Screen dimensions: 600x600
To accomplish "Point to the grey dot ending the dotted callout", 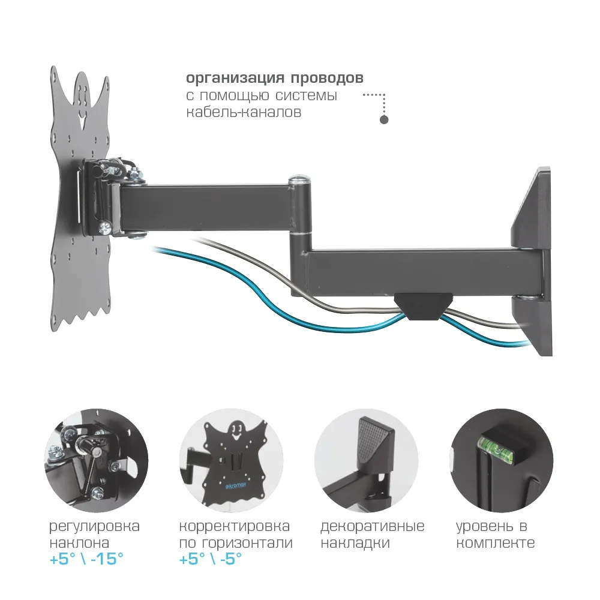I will coord(385,119).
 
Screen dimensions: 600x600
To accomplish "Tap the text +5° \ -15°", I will coord(86,560).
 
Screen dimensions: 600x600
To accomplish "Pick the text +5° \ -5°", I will coord(211,560).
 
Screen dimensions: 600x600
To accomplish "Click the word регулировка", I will coord(94,527).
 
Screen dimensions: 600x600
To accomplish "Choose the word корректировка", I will coord(235,527).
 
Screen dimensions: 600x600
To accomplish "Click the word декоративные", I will coord(372,527).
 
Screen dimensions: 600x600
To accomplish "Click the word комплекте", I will coord(495,544).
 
